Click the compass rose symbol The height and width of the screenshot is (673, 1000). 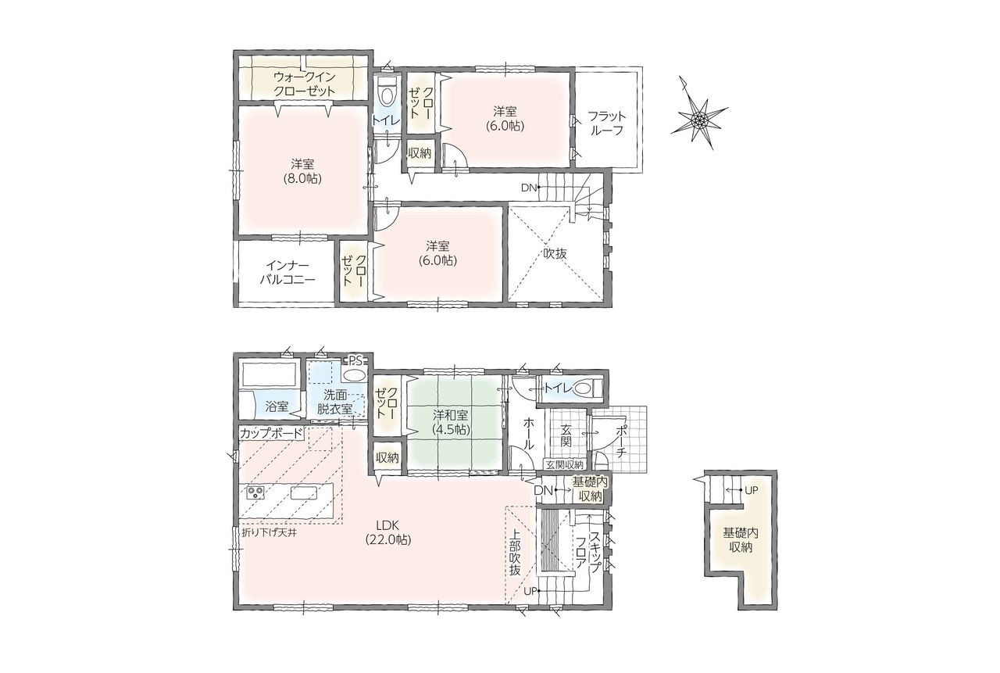698,119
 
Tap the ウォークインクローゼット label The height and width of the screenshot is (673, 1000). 304,84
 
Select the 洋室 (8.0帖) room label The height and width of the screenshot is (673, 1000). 302,171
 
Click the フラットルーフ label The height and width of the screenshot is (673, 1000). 607,124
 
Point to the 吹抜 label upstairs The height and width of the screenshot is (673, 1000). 555,254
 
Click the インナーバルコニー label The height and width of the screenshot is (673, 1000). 288,273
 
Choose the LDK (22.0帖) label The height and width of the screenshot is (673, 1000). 388,532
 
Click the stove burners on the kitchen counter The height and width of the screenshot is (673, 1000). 255,492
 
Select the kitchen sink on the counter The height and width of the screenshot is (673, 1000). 304,493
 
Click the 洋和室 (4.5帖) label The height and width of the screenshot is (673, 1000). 451,422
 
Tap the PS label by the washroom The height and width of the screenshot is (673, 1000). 355,360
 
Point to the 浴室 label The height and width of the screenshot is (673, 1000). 277,406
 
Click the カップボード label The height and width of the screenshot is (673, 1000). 271,433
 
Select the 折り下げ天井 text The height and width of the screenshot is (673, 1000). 270,532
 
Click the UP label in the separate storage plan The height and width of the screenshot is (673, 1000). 752,490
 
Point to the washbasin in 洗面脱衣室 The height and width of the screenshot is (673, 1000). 355,374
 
